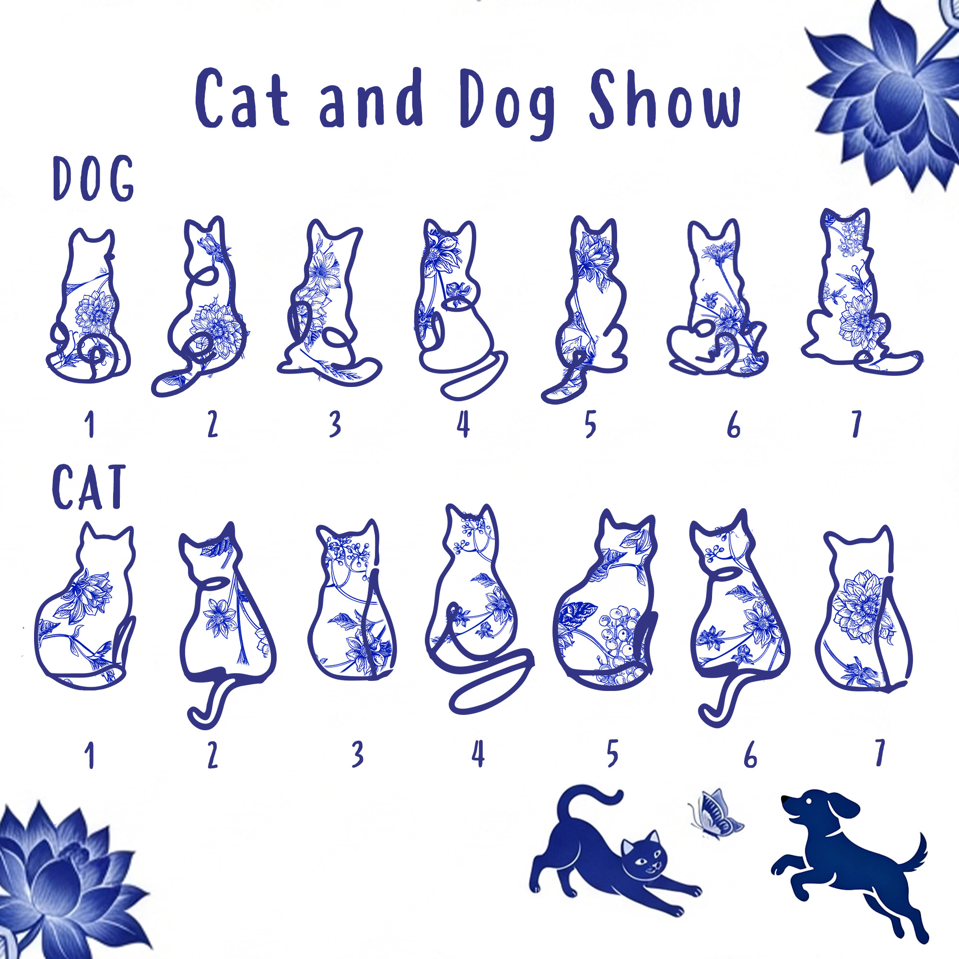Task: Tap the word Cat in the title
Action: click(242, 98)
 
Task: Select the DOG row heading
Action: click(94, 178)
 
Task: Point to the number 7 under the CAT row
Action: click(879, 752)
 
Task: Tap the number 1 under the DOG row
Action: click(89, 425)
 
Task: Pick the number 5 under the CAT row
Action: click(612, 753)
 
